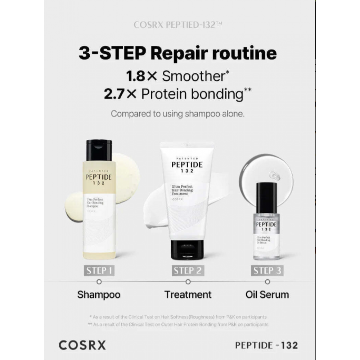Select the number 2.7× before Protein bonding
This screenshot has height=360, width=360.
tap(121, 94)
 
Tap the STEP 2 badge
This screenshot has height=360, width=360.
tap(188, 271)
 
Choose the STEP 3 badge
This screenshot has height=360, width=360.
tap(267, 271)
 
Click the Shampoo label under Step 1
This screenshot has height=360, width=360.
tap(99, 294)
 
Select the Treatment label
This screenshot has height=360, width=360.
tap(188, 294)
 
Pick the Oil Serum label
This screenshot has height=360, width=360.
tap(267, 294)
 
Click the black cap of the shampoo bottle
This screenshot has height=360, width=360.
tap(99, 150)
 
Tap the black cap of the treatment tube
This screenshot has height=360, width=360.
tap(187, 249)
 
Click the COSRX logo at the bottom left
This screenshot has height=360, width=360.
tap(82, 345)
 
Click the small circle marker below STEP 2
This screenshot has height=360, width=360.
tap(188, 282)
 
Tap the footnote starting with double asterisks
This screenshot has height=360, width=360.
tap(179, 324)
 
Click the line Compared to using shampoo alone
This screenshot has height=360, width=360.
tap(178, 114)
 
